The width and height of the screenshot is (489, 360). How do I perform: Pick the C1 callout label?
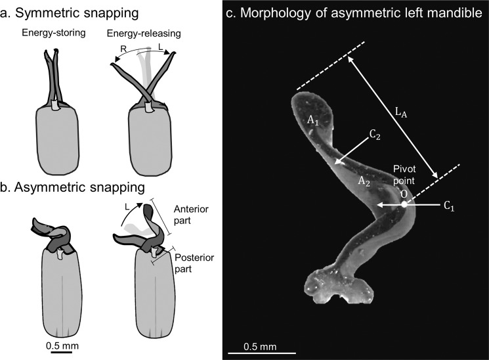coord(448,206)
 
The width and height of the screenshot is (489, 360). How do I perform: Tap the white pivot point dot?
coord(404,205)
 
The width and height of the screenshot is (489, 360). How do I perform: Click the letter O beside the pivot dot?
coord(404,194)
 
